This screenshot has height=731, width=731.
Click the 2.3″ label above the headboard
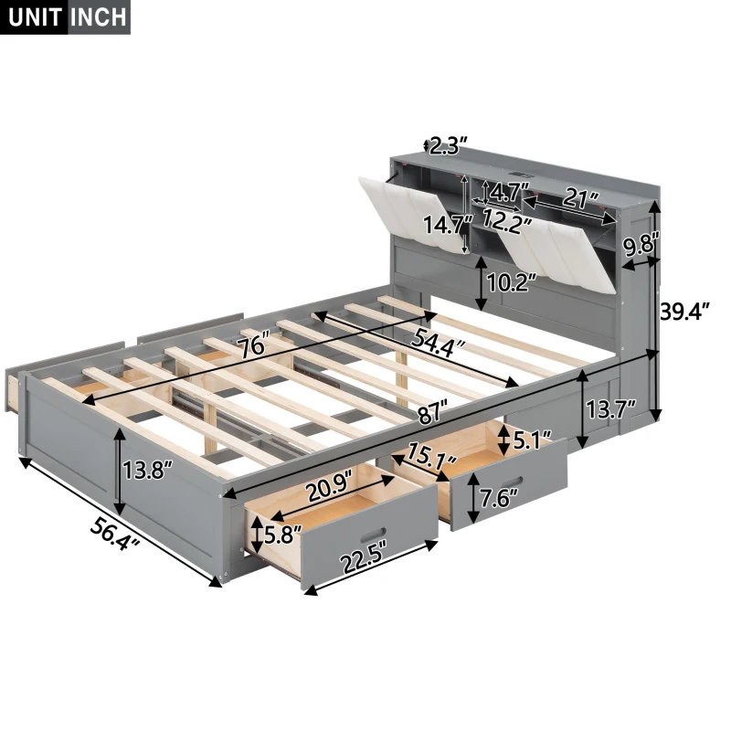point(449,144)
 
